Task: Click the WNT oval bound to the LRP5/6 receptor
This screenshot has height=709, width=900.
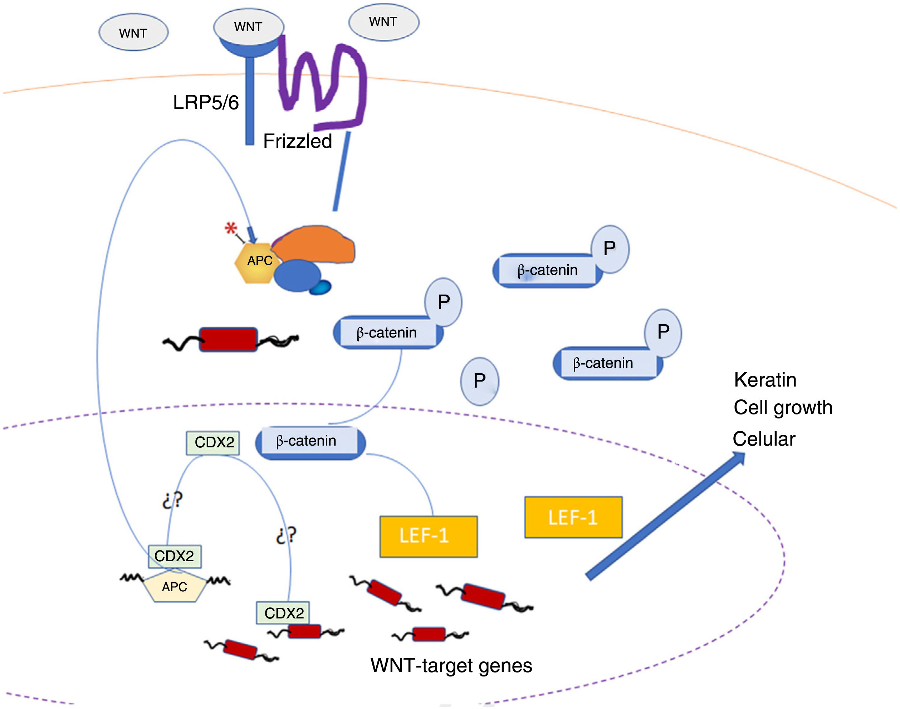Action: (249, 26)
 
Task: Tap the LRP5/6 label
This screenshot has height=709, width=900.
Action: (206, 102)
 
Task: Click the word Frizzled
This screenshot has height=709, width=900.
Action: (298, 141)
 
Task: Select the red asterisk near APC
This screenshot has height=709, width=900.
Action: (231, 228)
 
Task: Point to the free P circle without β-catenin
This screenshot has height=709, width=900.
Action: (480, 381)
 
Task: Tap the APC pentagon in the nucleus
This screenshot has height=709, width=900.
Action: (175, 587)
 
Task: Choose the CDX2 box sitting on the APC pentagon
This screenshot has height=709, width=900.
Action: (175, 556)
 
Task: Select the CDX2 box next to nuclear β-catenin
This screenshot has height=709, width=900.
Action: (213, 442)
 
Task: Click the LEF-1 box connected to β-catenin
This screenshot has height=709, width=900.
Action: (428, 536)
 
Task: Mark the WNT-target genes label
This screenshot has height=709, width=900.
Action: (451, 666)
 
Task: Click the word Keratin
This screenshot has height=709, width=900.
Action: (765, 380)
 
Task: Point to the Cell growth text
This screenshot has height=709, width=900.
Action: (783, 408)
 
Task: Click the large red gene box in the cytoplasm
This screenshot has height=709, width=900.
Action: (228, 339)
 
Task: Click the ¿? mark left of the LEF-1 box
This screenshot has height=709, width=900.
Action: (286, 535)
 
